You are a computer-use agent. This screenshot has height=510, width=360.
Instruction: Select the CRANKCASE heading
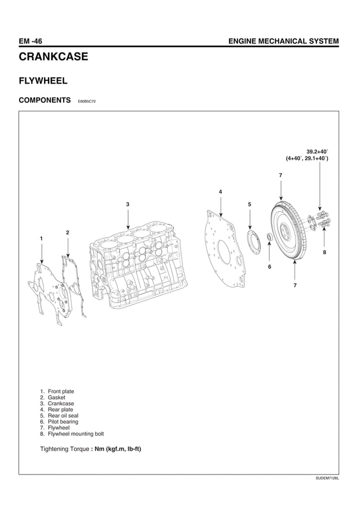point(54,57)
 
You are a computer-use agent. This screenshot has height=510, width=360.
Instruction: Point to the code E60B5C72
point(84,102)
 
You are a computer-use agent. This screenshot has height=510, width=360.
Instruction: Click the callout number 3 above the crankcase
point(128,203)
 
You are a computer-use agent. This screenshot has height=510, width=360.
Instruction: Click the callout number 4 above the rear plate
point(220,192)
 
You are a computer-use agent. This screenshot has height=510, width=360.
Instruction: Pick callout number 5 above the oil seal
point(249,203)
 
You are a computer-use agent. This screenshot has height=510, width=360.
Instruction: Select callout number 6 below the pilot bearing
point(269,266)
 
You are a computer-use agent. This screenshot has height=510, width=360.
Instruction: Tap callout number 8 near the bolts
point(324,252)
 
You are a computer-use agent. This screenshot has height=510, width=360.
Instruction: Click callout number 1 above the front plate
point(41,239)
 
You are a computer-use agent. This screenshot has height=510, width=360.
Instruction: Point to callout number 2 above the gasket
point(67,232)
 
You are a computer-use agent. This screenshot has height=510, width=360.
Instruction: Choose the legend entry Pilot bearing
point(59,422)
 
